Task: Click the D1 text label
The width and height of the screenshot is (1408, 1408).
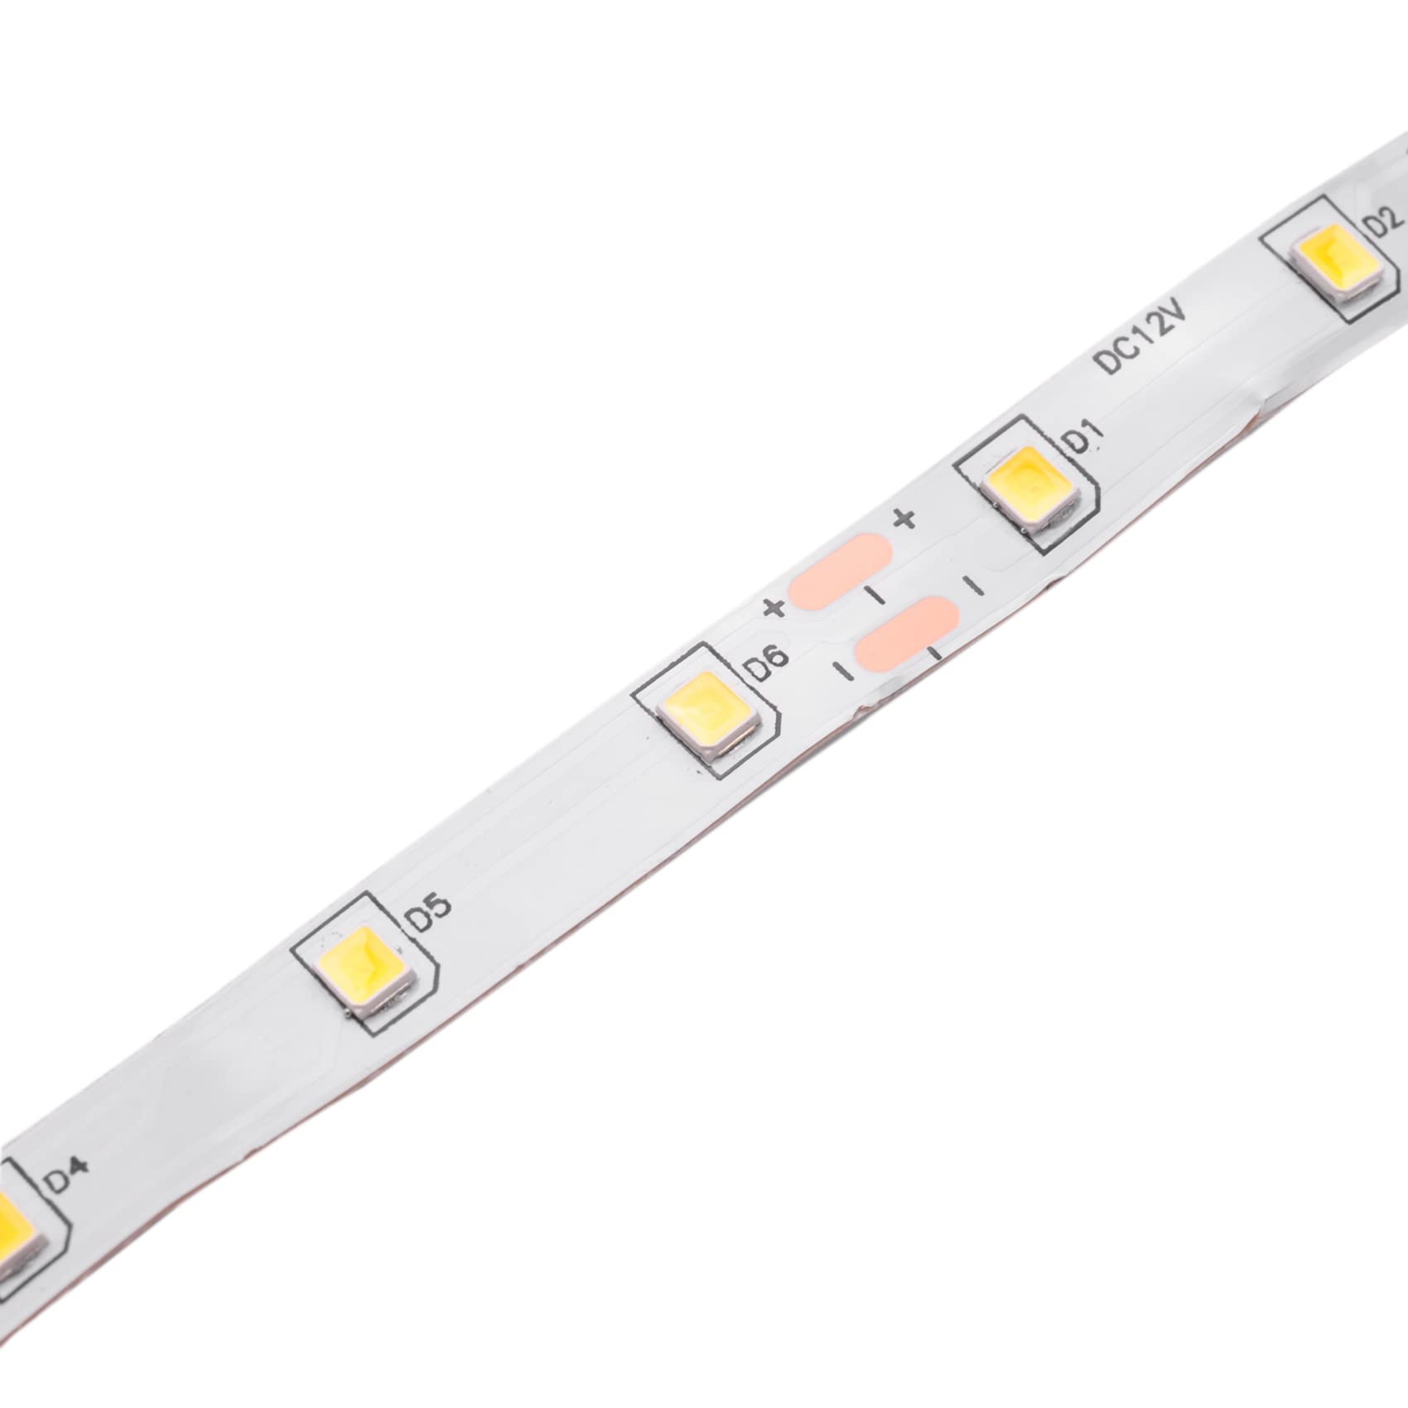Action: pyautogui.click(x=1083, y=436)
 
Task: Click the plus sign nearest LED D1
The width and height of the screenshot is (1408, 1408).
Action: pyautogui.click(x=904, y=519)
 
